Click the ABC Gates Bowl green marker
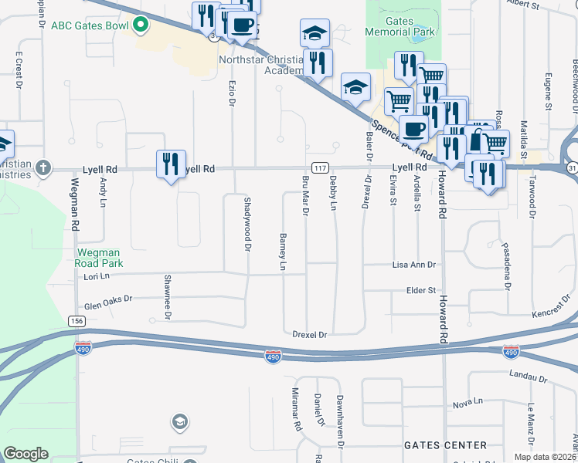pyautogui.click(x=140, y=25)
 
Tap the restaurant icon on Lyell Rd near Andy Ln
pyautogui.click(x=172, y=164)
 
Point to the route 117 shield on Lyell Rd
pyautogui.click(x=319, y=167)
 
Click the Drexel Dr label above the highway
pyautogui.click(x=311, y=335)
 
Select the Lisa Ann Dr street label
pyautogui.click(x=414, y=265)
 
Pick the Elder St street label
pyautogui.click(x=421, y=290)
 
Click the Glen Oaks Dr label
pyautogui.click(x=109, y=302)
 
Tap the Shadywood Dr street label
pyautogui.click(x=248, y=223)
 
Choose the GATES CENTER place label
pyautogui.click(x=446, y=445)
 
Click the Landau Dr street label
pyautogui.click(x=529, y=377)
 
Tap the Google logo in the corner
pyautogui.click(x=25, y=454)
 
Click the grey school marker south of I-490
pyautogui.click(x=179, y=422)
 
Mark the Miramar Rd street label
pyautogui.click(x=296, y=409)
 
